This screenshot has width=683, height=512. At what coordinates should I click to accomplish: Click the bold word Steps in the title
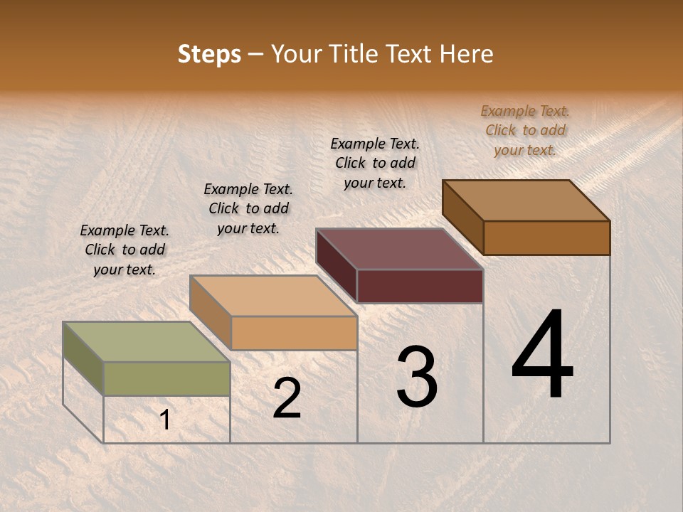click(x=209, y=54)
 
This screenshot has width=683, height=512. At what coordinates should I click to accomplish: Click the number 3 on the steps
click(x=417, y=377)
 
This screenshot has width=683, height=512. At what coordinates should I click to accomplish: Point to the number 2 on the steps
click(x=287, y=398)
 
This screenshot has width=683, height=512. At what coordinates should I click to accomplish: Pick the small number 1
click(x=165, y=420)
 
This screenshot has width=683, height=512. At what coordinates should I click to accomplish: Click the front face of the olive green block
click(x=167, y=378)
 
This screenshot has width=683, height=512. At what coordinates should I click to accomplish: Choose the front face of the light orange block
click(x=294, y=333)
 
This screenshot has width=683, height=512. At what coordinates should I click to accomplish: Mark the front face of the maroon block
click(x=420, y=286)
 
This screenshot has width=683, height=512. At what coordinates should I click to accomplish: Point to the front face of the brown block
click(x=546, y=238)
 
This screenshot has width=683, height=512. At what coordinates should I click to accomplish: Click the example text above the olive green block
click(x=125, y=250)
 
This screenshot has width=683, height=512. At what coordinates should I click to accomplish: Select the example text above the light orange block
click(x=248, y=208)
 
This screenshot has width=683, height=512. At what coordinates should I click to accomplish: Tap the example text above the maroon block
click(x=375, y=163)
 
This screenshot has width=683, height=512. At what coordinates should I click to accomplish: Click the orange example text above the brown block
click(x=525, y=130)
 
